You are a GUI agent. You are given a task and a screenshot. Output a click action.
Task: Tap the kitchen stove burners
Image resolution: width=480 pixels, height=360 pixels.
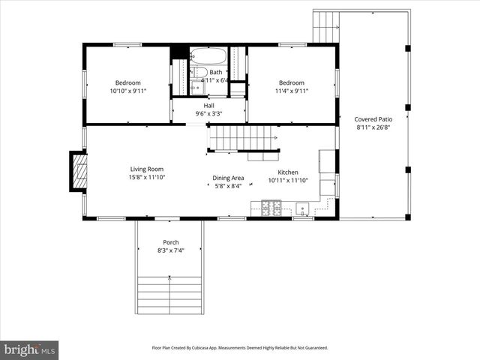(271, 207)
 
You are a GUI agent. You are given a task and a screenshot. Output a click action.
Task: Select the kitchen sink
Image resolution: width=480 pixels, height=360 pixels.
(304, 208)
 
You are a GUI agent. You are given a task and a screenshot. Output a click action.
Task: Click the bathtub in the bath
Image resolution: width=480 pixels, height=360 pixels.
(208, 55)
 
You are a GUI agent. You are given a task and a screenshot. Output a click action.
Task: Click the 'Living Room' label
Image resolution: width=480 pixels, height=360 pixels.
(146, 169)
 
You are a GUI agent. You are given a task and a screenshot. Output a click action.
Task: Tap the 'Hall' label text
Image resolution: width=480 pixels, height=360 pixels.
(208, 106)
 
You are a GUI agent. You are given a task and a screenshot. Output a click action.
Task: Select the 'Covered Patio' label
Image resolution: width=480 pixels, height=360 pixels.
(373, 119)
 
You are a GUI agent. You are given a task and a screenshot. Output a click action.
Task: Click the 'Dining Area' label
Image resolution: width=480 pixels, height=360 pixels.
(228, 178)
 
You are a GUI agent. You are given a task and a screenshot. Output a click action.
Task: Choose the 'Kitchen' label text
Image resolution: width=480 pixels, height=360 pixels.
(288, 172)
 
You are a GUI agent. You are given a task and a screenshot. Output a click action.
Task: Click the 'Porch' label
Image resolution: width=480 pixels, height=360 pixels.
(171, 242)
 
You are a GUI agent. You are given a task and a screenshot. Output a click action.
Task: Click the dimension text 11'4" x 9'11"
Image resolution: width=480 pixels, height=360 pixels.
(292, 91)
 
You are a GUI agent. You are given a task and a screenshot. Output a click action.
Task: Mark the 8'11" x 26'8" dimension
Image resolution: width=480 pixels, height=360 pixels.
(373, 127)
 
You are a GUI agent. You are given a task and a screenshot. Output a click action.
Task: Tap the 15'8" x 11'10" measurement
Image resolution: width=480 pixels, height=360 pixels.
(146, 177)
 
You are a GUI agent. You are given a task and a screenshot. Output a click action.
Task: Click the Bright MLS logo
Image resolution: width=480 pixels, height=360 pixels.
(29, 349)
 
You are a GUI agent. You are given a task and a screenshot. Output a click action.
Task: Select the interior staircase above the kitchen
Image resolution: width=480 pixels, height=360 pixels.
(241, 138)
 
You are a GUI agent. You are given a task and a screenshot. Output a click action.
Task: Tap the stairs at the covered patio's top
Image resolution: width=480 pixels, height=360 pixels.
(327, 26)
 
